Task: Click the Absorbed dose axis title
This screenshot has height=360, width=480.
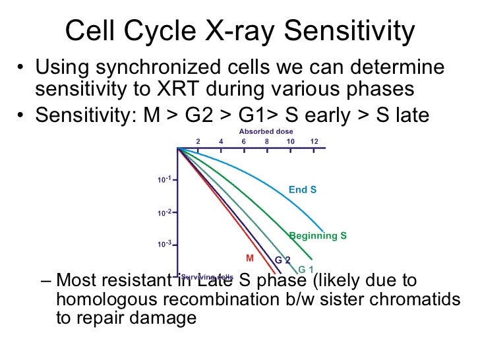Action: pyautogui.click(x=266, y=131)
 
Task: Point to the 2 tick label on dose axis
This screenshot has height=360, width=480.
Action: pyautogui.click(x=197, y=141)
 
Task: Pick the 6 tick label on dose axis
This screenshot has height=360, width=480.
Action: pyautogui.click(x=243, y=141)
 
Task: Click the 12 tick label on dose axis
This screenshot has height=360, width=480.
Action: pyautogui.click(x=314, y=141)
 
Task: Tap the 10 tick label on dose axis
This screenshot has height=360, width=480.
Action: pyautogui.click(x=290, y=141)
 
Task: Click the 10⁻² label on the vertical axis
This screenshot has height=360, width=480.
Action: pyautogui.click(x=164, y=213)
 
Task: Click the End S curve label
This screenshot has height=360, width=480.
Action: pyautogui.click(x=303, y=190)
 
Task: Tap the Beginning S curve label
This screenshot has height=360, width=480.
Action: pyautogui.click(x=318, y=235)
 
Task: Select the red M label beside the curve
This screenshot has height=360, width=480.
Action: pyautogui.click(x=250, y=256)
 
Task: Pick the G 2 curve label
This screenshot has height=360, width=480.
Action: pyautogui.click(x=283, y=260)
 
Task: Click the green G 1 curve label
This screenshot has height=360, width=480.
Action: pyautogui.click(x=305, y=270)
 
